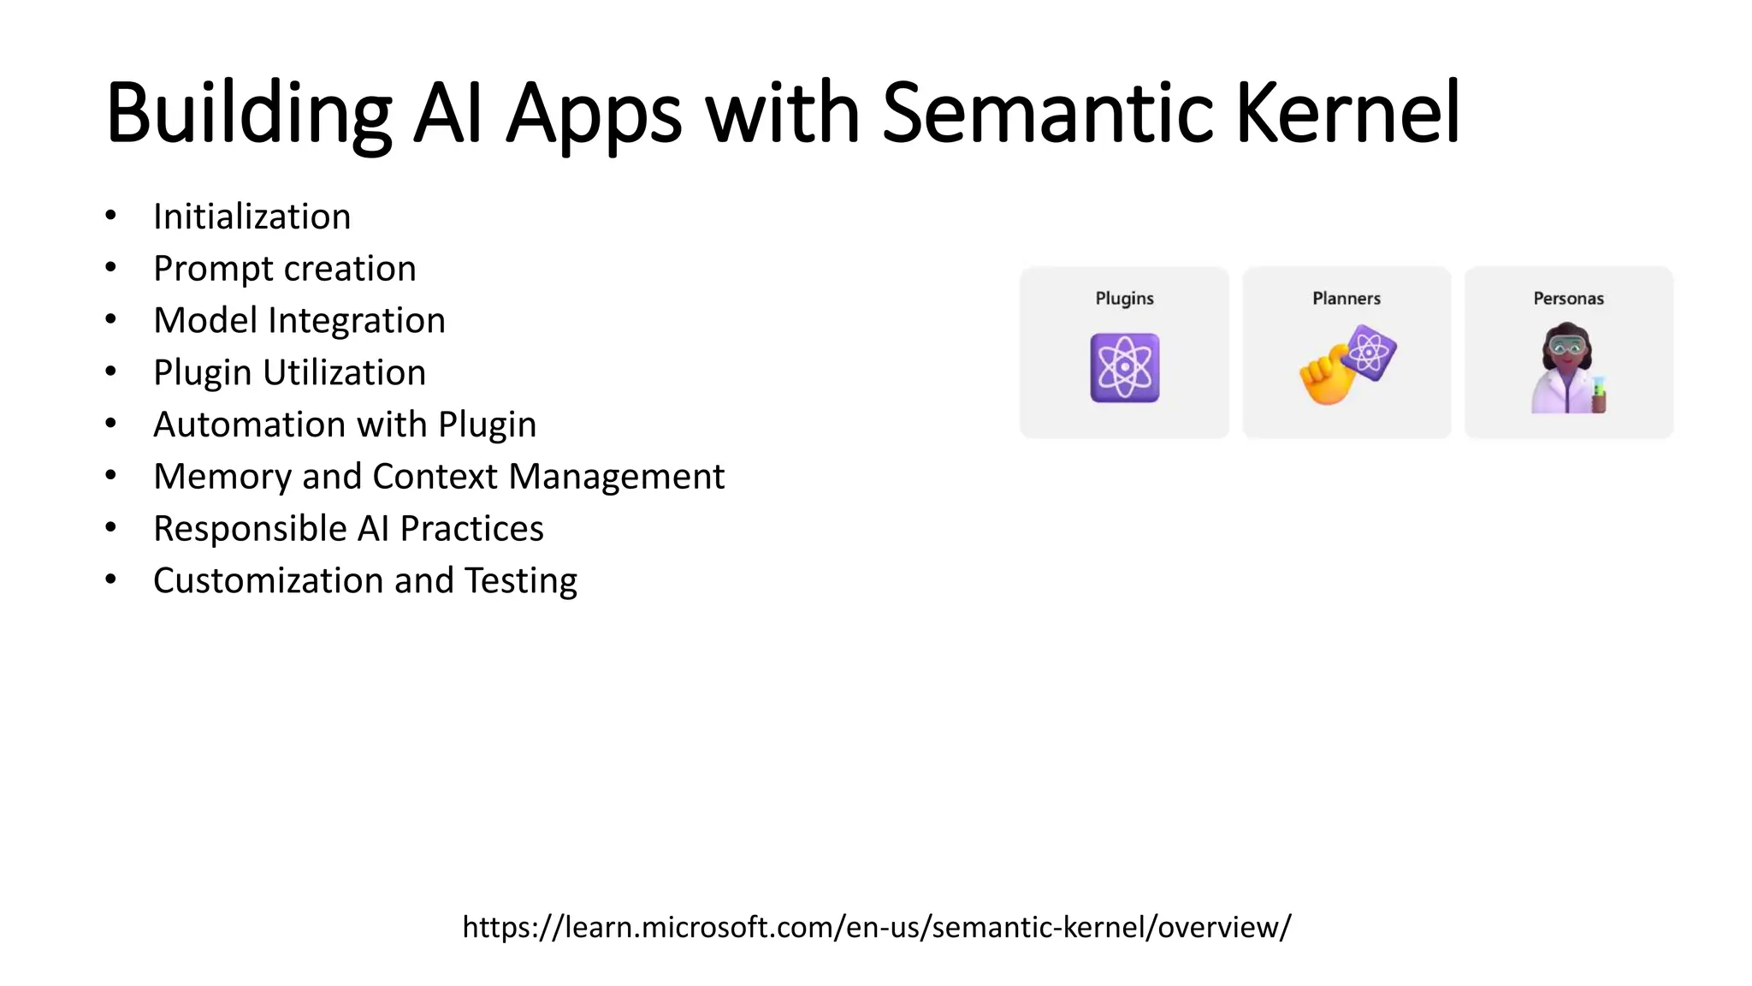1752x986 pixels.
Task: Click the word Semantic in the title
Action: point(1048,113)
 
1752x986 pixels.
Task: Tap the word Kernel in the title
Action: point(1347,113)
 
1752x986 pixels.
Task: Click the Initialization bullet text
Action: point(252,217)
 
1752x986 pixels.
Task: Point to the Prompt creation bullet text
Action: point(284,269)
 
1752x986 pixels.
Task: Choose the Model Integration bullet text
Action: point(299,321)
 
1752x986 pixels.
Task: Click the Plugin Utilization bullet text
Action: point(289,373)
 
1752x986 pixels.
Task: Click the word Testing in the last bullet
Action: point(521,582)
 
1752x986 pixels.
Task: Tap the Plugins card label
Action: point(1124,299)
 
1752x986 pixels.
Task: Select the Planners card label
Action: point(1347,299)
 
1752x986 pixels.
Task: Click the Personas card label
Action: point(1568,299)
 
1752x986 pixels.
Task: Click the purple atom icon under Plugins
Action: point(1124,368)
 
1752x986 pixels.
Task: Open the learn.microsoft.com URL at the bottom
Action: point(876,927)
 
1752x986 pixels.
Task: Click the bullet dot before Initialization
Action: point(110,216)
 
